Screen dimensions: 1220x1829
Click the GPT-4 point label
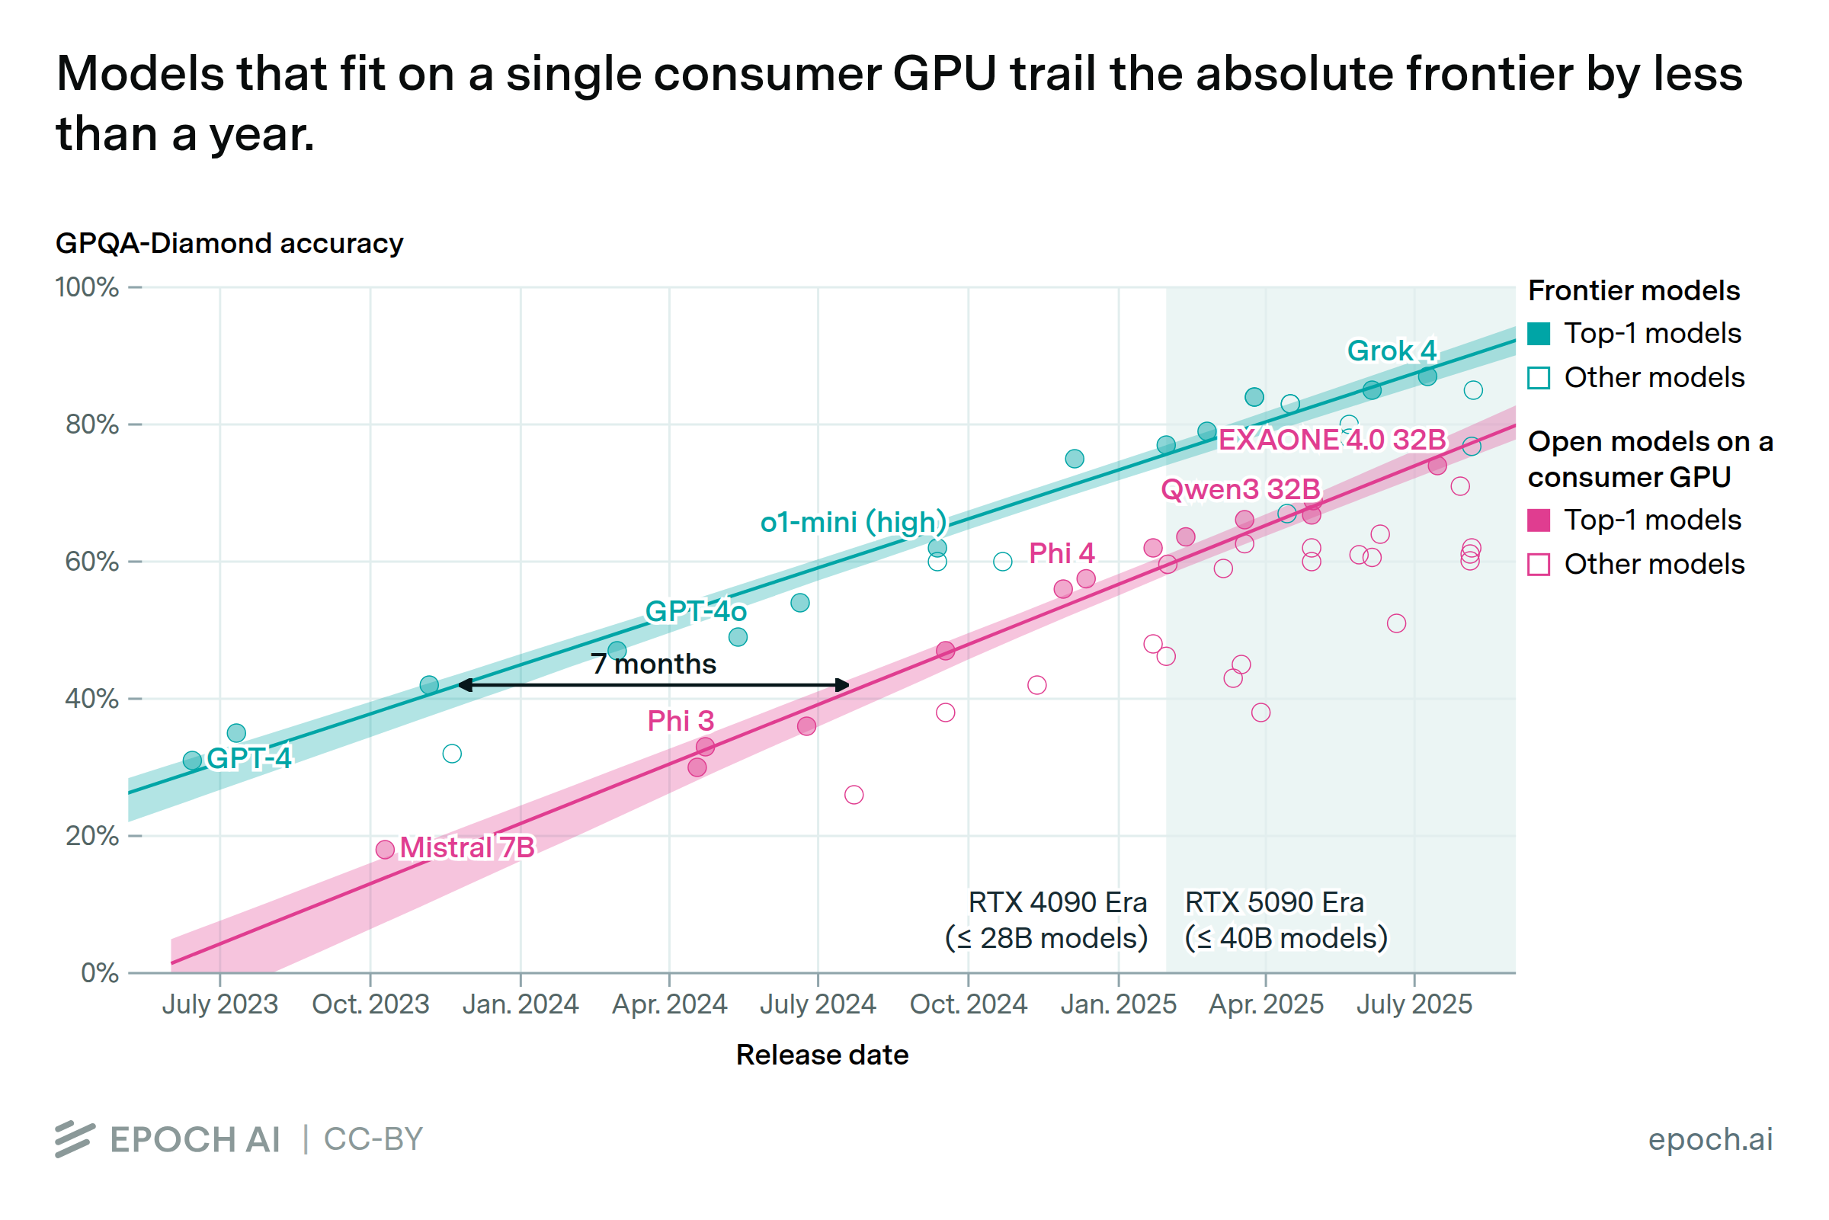click(249, 757)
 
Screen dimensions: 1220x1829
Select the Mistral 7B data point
click(385, 849)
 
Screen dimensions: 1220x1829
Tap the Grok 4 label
click(1391, 351)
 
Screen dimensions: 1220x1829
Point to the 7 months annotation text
click(654, 664)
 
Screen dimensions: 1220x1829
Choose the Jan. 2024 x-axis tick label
click(521, 1004)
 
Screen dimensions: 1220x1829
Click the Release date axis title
click(822, 1055)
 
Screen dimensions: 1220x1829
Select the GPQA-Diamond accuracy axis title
click(229, 244)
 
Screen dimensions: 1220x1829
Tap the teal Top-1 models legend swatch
click(1539, 334)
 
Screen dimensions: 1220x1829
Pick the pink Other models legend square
click(1539, 564)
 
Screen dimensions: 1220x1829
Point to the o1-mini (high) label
click(854, 522)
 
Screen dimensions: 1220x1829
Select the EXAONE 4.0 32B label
click(1332, 440)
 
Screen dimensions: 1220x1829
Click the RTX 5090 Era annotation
click(1284, 921)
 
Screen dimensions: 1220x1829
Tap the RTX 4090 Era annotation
click(1047, 921)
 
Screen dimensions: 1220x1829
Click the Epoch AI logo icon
click(75, 1139)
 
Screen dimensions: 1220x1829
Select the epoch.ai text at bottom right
click(1710, 1139)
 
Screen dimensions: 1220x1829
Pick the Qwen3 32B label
click(1241, 489)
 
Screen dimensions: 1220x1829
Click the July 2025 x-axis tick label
click(1414, 1004)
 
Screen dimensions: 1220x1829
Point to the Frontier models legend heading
click(1634, 291)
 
